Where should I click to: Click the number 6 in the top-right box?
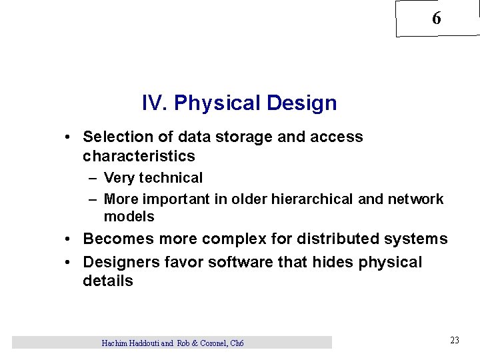pyautogui.click(x=437, y=19)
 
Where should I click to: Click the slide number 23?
pyautogui.click(x=455, y=340)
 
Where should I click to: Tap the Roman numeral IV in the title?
pyautogui.click(x=152, y=103)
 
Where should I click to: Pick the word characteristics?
pyautogui.click(x=139, y=156)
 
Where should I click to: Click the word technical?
pyautogui.click(x=169, y=178)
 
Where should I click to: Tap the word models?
pyautogui.click(x=129, y=217)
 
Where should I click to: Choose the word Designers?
pyautogui.click(x=119, y=262)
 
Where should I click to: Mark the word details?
pyautogui.click(x=107, y=281)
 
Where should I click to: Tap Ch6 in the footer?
pyautogui.click(x=236, y=343)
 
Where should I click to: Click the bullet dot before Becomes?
pyautogui.click(x=69, y=239)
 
